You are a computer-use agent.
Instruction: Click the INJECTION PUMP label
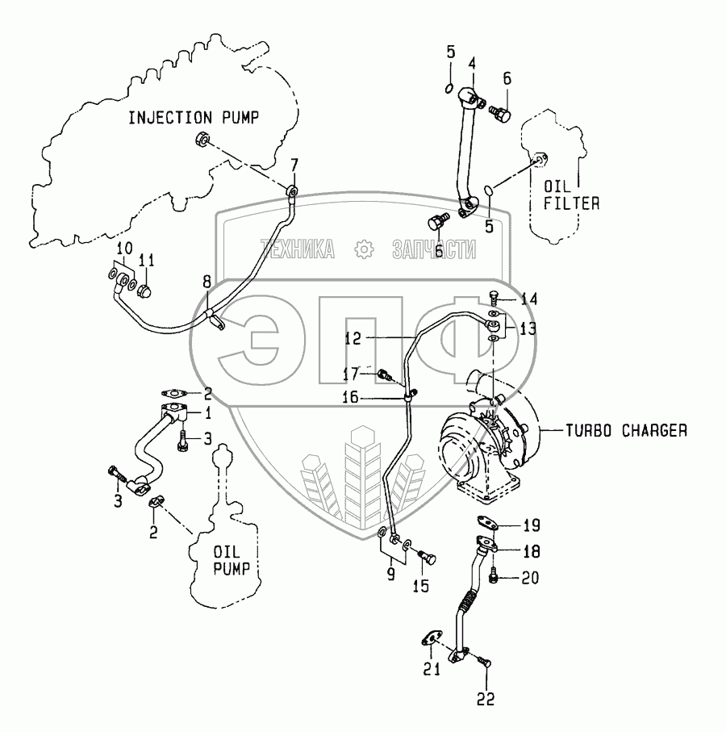tap(194, 118)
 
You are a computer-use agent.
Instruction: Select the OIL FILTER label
tap(570, 196)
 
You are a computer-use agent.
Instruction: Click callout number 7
tap(294, 166)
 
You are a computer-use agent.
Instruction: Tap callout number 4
tap(472, 62)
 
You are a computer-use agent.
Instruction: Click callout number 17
tap(348, 374)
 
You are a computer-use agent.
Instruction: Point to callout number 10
tap(124, 247)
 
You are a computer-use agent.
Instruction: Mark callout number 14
tap(528, 299)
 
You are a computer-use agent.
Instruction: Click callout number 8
tap(207, 282)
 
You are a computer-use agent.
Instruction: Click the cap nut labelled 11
tap(146, 290)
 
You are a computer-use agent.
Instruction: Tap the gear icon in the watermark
tap(365, 250)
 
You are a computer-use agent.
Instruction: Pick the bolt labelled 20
tap(493, 577)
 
